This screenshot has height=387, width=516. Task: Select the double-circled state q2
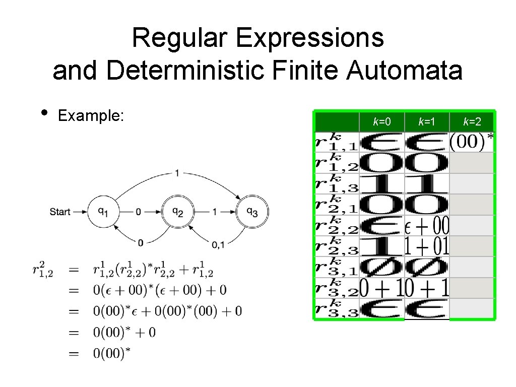click(177, 212)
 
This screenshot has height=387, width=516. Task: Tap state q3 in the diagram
click(253, 212)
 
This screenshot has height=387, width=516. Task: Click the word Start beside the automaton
click(60, 212)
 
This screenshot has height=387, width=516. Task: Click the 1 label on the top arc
click(176, 173)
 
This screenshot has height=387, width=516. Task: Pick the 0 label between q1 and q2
click(139, 212)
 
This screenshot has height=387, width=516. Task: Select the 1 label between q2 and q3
click(215, 212)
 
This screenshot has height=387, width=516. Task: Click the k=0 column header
click(381, 121)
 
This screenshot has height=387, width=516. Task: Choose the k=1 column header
click(427, 121)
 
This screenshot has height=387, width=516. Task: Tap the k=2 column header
click(472, 121)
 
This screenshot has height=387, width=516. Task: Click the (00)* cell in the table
click(471, 142)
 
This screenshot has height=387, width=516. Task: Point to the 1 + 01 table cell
click(427, 246)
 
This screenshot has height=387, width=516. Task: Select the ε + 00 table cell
click(427, 225)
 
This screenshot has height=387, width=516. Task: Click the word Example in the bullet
click(91, 116)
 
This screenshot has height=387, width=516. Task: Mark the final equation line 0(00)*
click(111, 353)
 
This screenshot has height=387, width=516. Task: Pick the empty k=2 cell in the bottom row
click(472, 308)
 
